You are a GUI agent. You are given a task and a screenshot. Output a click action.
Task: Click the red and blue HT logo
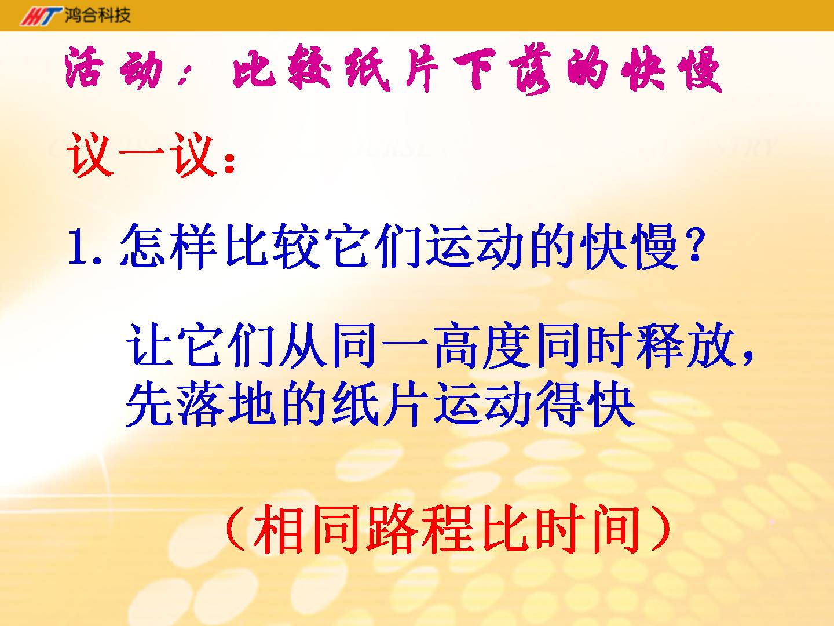point(41,16)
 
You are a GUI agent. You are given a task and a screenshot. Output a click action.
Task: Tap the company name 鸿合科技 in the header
point(98,15)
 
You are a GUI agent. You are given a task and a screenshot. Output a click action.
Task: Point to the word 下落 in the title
point(502,71)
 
